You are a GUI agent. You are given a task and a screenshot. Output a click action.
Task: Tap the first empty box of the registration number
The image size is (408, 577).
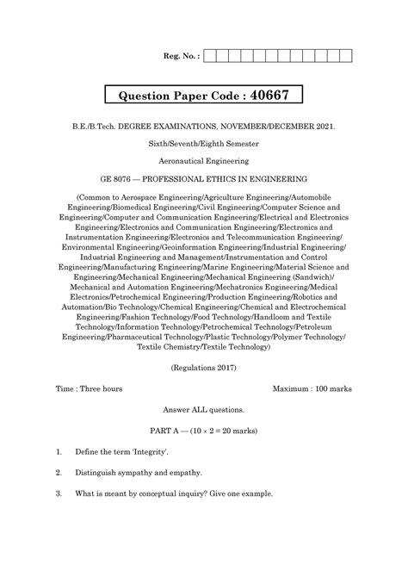210,58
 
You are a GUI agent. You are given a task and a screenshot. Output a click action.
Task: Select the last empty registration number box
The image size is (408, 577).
346,58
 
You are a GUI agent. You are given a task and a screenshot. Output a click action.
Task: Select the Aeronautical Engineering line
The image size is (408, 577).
204,162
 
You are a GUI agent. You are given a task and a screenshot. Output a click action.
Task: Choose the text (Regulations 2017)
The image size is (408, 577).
204,368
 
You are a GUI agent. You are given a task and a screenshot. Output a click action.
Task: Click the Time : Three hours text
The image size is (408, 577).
90,389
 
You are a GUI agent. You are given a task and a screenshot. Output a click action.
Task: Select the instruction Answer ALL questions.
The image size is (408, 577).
204,410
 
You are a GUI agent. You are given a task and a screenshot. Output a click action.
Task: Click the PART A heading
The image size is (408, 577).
204,431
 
